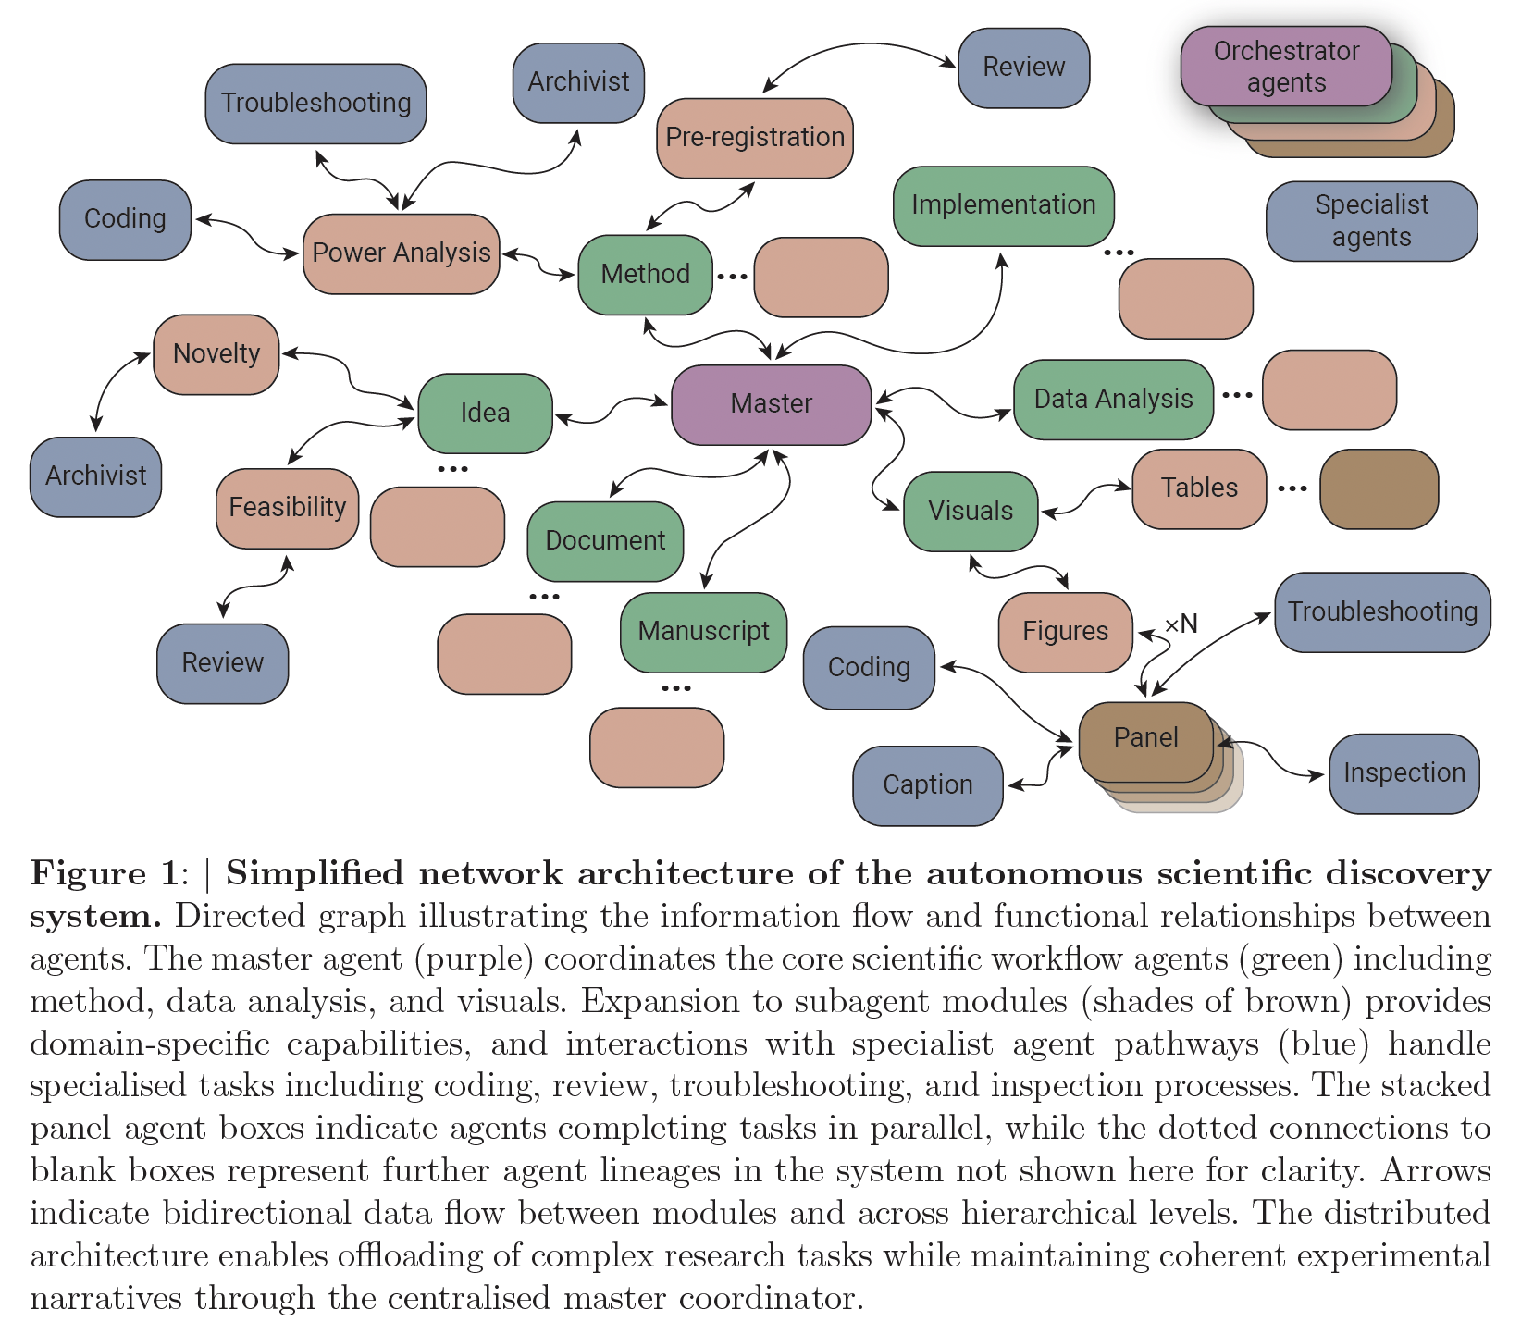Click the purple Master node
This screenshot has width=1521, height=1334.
pyautogui.click(x=771, y=404)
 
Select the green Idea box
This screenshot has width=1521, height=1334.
pyautogui.click(x=485, y=413)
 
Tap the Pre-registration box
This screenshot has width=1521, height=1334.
pyautogui.click(x=754, y=138)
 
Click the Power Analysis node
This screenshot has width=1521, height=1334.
pyautogui.click(x=401, y=253)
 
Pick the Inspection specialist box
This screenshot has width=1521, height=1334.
pyautogui.click(x=1404, y=773)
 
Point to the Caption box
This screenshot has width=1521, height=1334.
pyautogui.click(x=927, y=785)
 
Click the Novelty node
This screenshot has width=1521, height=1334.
pyautogui.click(x=216, y=354)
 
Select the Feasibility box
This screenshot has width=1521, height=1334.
pyautogui.click(x=287, y=508)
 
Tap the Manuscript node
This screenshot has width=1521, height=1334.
pyautogui.click(x=703, y=632)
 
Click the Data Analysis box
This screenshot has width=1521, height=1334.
pyautogui.click(x=1113, y=400)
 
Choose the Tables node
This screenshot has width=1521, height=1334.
pyautogui.click(x=1199, y=488)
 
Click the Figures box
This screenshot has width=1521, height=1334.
pyautogui.click(x=1065, y=632)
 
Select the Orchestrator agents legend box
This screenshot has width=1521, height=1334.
pyautogui.click(x=1286, y=66)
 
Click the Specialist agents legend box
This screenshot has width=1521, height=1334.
pyautogui.click(x=1371, y=221)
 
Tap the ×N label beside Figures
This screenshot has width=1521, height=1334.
pyautogui.click(x=1181, y=624)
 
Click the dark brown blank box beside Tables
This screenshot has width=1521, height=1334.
pyautogui.click(x=1379, y=489)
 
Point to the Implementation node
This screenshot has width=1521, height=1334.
pyautogui.click(x=1003, y=205)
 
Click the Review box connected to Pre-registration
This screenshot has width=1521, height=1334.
pyautogui.click(x=1023, y=68)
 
